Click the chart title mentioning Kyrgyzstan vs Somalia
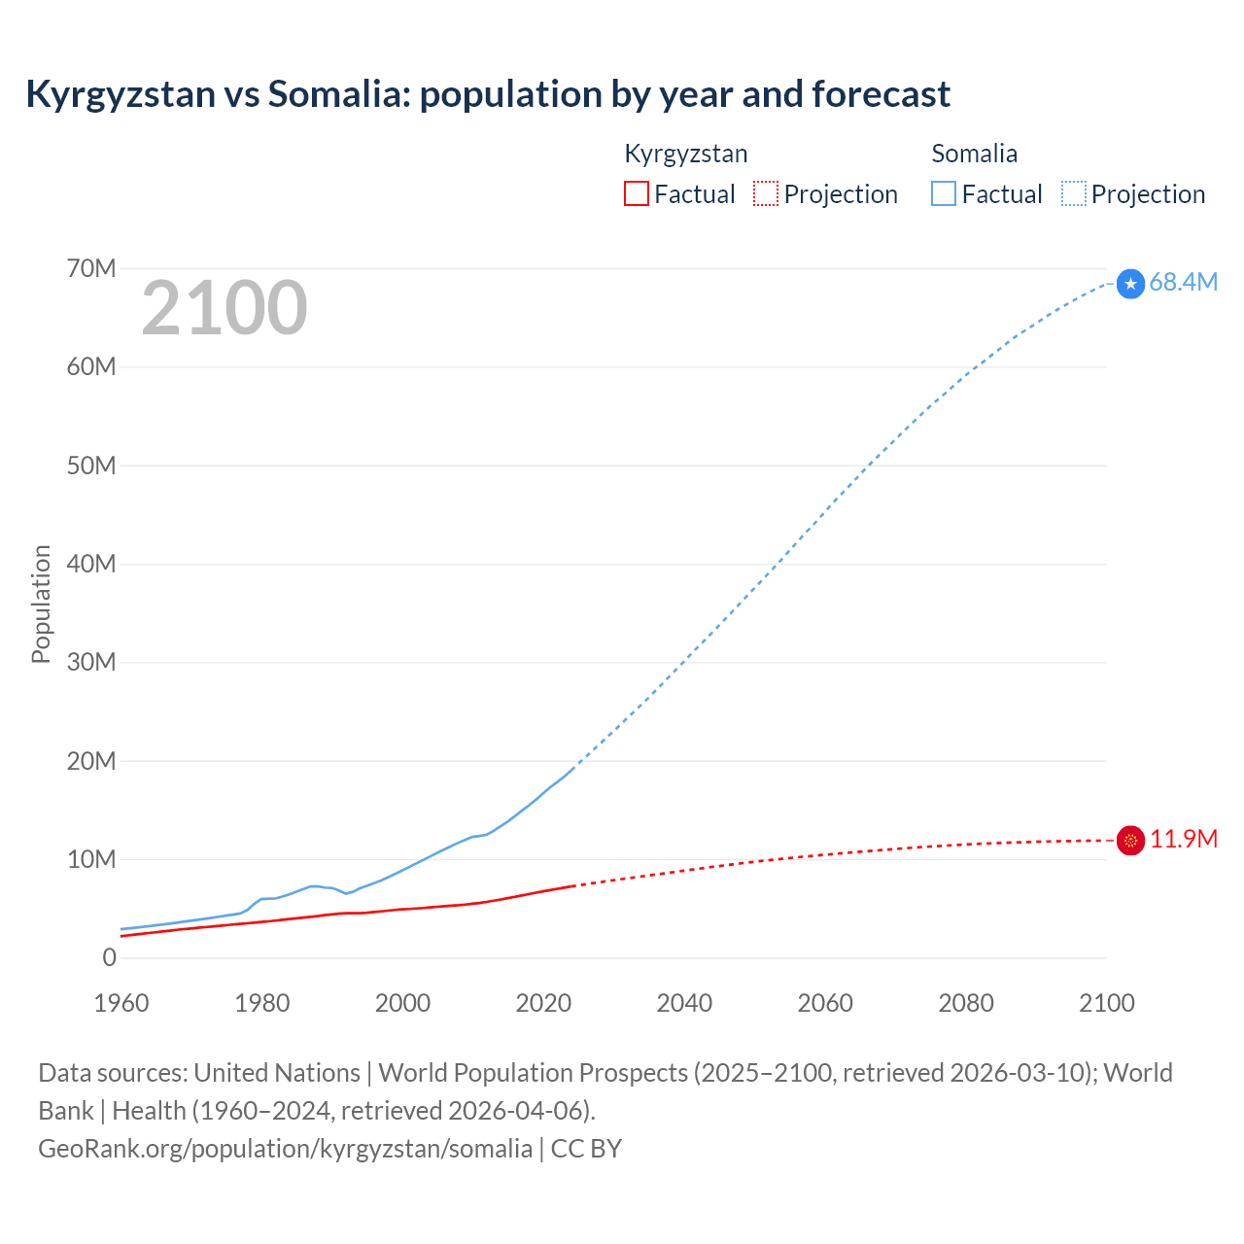click(488, 94)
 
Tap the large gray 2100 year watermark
click(225, 308)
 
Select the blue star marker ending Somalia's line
click(1130, 283)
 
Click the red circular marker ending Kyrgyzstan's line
click(1130, 840)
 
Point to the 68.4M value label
click(1183, 282)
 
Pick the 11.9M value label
click(1183, 839)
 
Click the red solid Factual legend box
click(636, 193)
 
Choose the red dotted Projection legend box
click(766, 193)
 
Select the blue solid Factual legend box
click(943, 193)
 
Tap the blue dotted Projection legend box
click(1073, 193)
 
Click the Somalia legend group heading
click(974, 154)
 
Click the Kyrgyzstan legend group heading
click(685, 154)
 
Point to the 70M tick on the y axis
click(91, 268)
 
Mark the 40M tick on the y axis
click(91, 564)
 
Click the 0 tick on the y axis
click(109, 957)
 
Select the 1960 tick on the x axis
click(121, 1003)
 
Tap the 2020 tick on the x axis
click(543, 1003)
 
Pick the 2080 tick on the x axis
click(966, 1003)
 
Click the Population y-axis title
click(41, 604)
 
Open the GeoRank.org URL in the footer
click(285, 1148)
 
